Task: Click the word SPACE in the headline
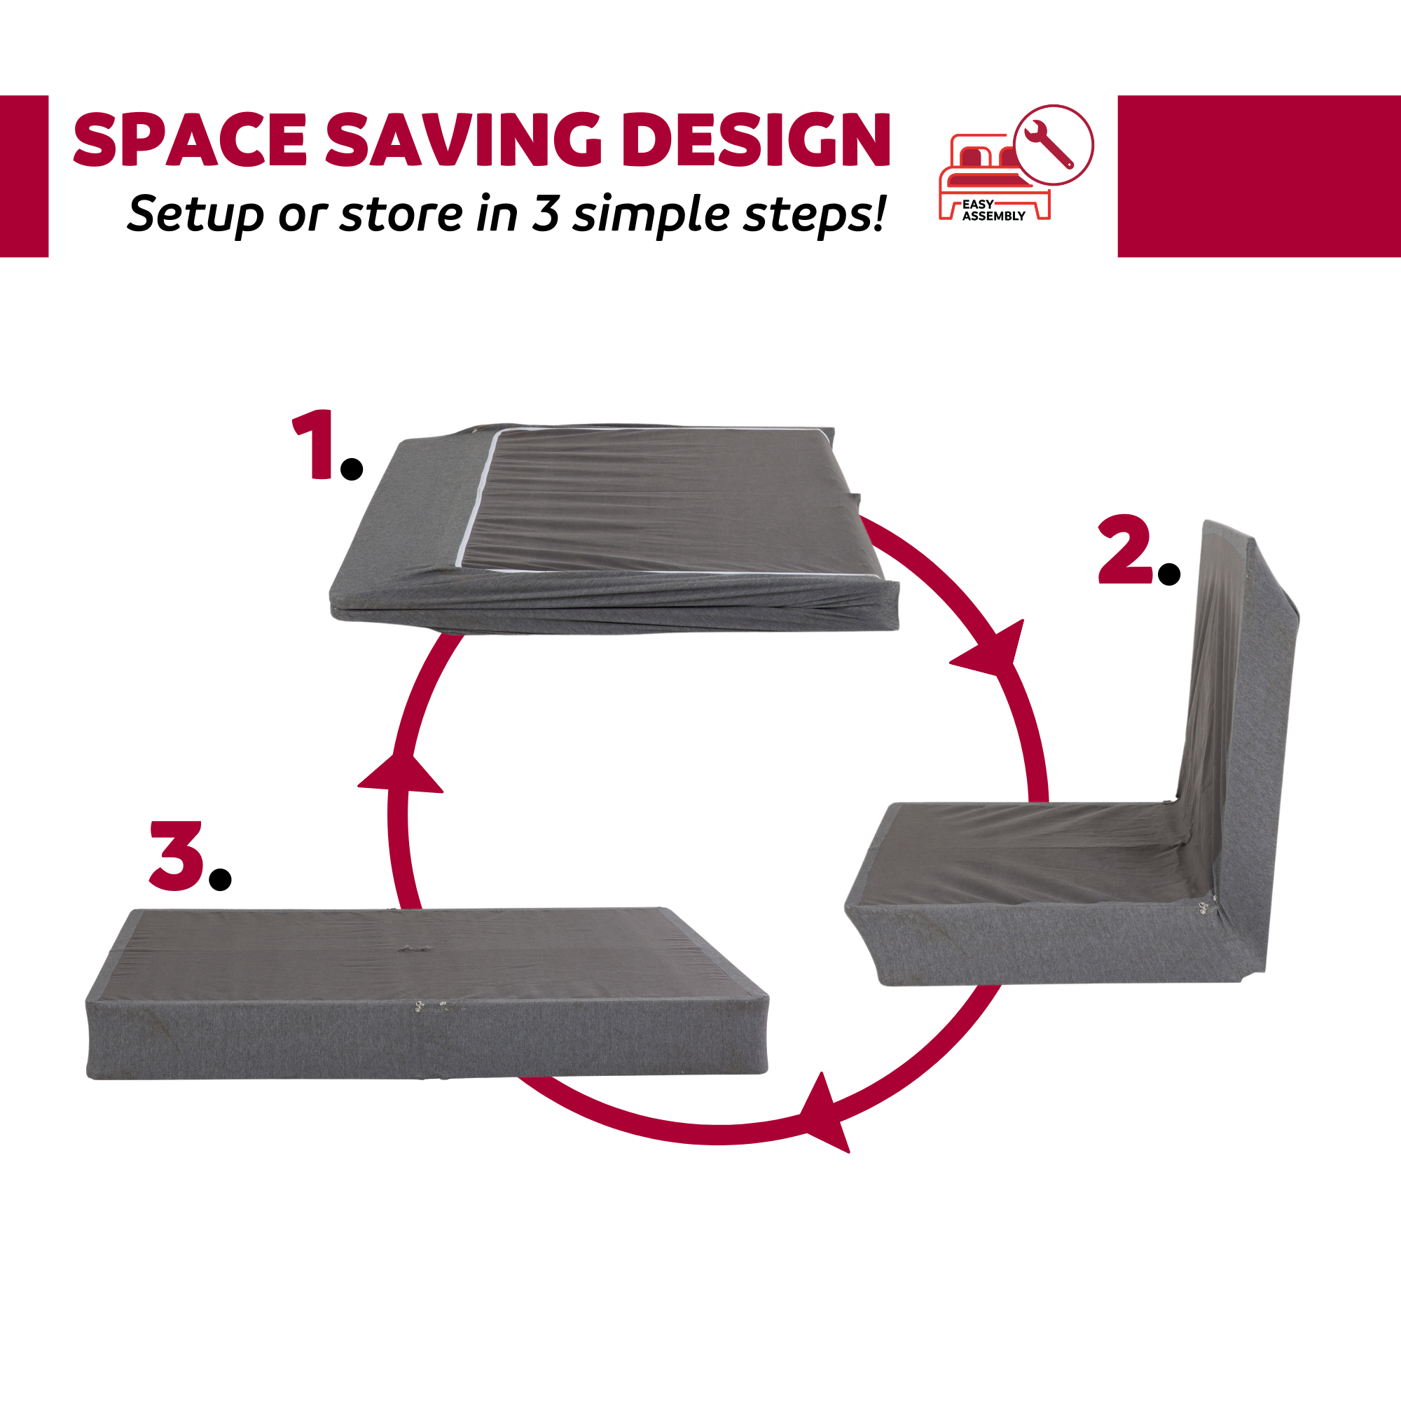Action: tap(191, 139)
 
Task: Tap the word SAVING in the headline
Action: tap(462, 139)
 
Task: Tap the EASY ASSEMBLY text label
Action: tap(993, 210)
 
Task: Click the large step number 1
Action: tap(313, 444)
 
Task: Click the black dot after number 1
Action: tap(352, 469)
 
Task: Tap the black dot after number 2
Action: tap(1170, 574)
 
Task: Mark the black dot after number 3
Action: tap(220, 880)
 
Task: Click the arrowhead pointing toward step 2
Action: tap(993, 648)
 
